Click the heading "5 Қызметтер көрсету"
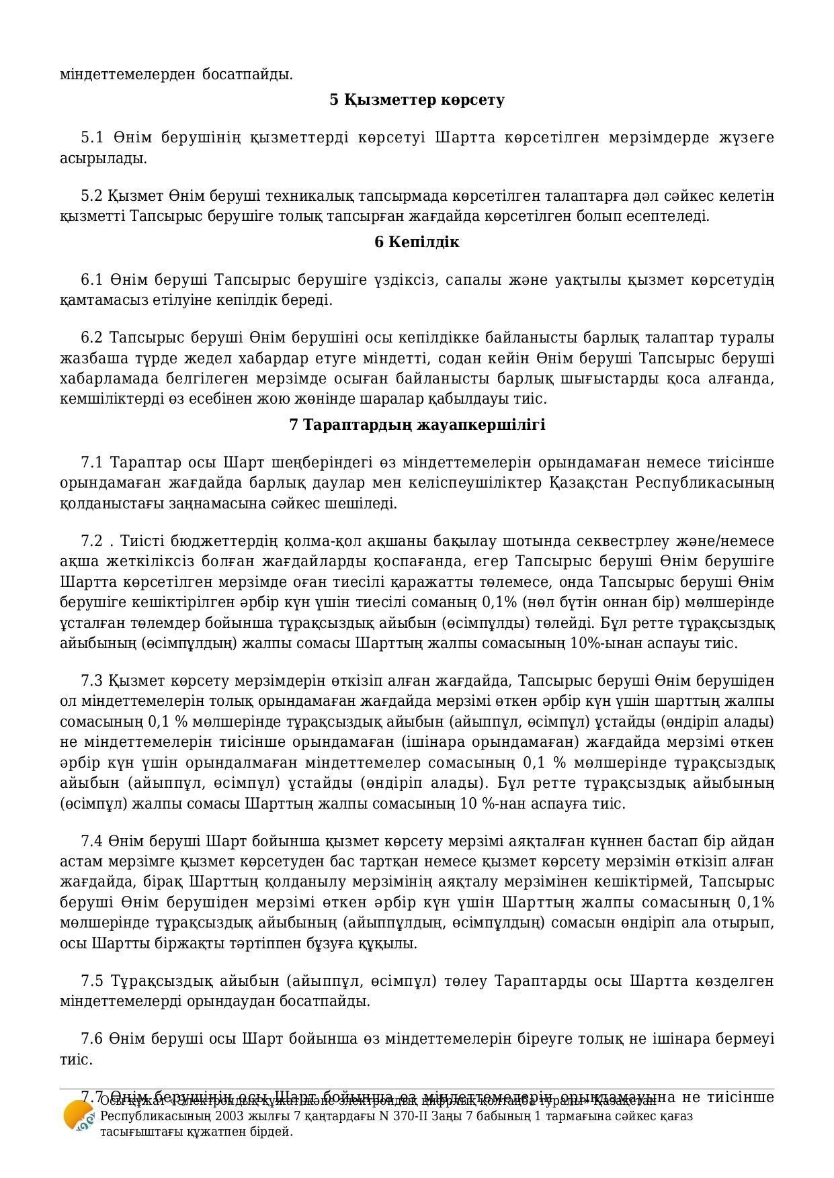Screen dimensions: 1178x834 point(417,99)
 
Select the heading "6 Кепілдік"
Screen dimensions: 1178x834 point(417,242)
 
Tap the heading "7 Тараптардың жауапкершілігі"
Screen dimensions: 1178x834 point(417,424)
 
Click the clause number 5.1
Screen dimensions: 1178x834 point(92,138)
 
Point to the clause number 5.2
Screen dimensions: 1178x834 point(92,195)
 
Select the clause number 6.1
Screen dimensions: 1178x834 point(92,279)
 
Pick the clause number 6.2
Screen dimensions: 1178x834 point(92,337)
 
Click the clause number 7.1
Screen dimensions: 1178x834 point(92,462)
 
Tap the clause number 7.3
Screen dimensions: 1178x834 point(92,680)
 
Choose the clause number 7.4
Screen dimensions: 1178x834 point(92,841)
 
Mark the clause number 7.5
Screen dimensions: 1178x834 point(92,981)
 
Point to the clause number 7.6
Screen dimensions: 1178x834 point(92,1038)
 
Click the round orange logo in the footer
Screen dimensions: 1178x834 point(77,1116)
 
